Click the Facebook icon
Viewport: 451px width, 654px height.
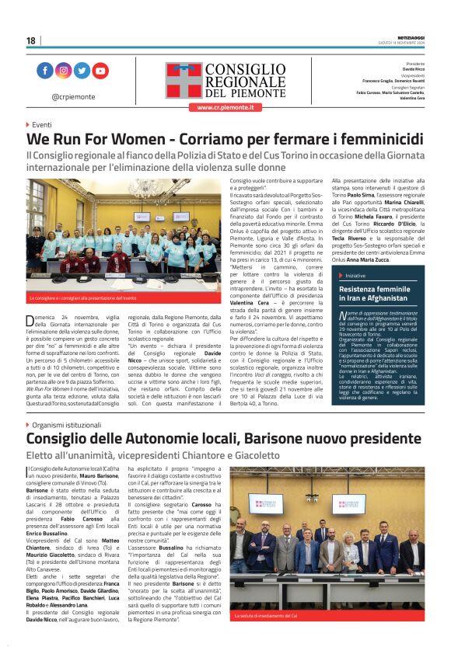pos(45,71)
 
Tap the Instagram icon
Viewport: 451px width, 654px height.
pos(64,71)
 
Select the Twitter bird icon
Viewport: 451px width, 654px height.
pos(82,71)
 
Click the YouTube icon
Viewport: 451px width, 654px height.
pos(100,71)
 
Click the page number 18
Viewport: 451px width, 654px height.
pos(31,40)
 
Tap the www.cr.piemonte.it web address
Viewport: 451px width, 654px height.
pos(225,107)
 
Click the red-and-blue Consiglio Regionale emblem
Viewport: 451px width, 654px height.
pos(184,80)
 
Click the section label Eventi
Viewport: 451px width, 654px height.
pos(41,124)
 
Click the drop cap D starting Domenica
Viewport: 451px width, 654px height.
pos(31,320)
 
